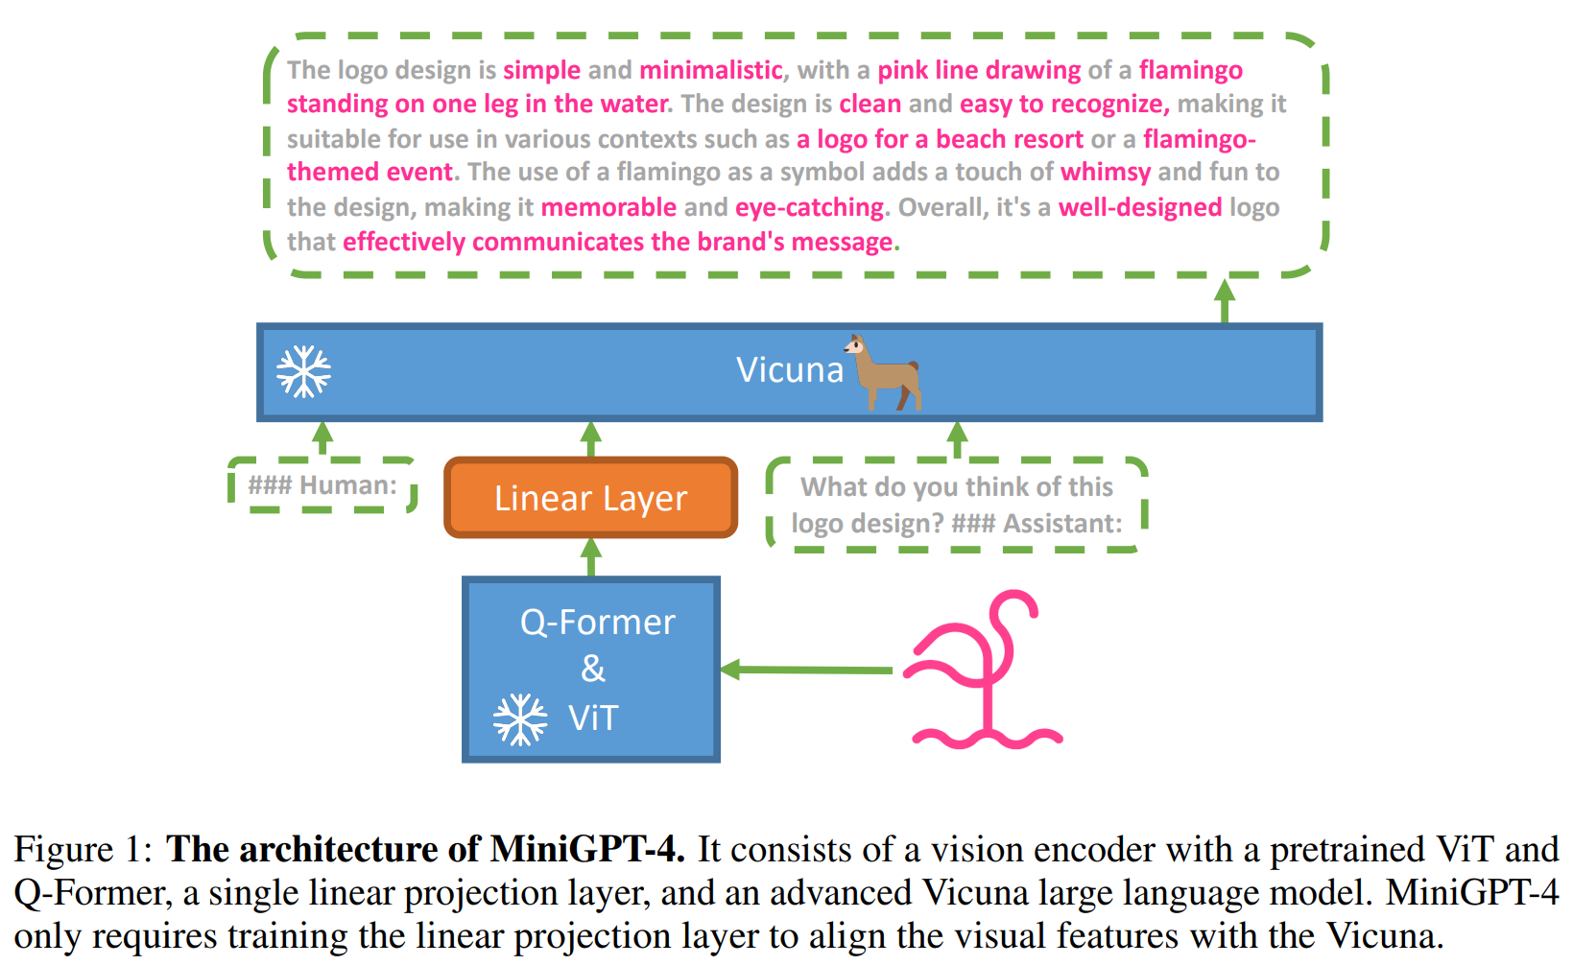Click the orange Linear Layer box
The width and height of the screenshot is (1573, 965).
coord(590,498)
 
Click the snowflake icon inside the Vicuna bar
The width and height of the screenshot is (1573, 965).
coord(303,371)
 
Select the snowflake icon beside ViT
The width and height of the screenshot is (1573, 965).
coord(519,719)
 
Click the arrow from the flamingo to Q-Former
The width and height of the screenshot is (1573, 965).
coord(806,670)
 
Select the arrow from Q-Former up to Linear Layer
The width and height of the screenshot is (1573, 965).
coord(591,556)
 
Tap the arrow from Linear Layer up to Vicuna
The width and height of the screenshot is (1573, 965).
coord(591,438)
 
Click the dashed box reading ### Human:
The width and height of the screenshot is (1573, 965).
coord(322,485)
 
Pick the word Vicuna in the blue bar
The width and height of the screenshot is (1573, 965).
coord(789,370)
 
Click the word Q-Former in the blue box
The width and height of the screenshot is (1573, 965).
coord(597,623)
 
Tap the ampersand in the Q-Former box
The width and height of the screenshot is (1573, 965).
coord(593,669)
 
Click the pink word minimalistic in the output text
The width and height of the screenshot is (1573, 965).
coord(710,70)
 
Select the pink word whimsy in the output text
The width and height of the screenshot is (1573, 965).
coord(1105,172)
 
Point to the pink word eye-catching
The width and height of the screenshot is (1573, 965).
coord(809,207)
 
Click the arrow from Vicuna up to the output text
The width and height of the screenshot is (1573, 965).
coord(1224,300)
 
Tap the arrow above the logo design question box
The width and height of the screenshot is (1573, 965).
coord(957,438)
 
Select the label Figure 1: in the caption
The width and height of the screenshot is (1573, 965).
coord(83,850)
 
